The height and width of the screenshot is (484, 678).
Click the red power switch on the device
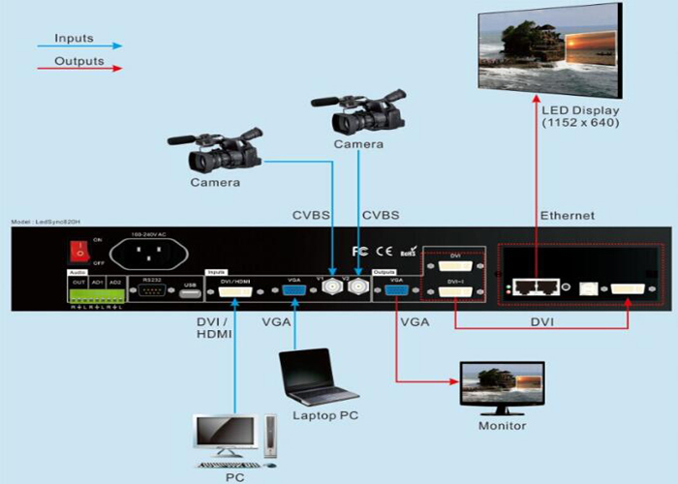click(x=73, y=251)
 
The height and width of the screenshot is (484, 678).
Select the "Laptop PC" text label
click(x=324, y=416)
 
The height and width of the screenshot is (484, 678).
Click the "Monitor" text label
click(x=502, y=426)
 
